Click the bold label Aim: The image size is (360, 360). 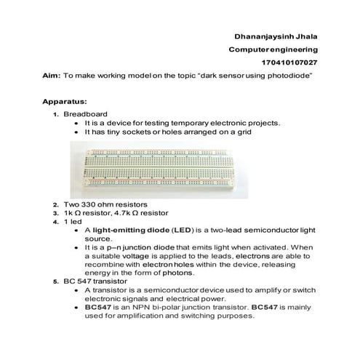pyautogui.click(x=52, y=76)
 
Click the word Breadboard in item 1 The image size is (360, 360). pyautogui.click(x=85, y=114)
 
